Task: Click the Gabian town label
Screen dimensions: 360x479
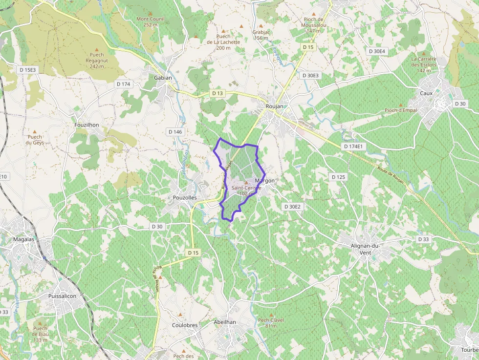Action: point(163,78)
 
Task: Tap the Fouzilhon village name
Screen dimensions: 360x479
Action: point(87,125)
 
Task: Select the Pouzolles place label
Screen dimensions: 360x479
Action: point(185,198)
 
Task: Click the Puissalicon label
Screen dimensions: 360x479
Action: point(63,296)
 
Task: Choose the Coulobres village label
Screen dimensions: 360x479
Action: point(185,325)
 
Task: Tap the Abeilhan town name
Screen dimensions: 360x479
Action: point(225,322)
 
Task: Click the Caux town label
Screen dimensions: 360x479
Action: point(427,93)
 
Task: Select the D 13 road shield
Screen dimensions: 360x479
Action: point(218,93)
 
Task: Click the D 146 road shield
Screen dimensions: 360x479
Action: point(175,132)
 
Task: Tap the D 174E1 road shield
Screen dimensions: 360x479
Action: point(353,146)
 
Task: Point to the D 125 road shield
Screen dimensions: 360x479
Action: point(338,177)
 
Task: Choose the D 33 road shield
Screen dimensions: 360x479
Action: point(423,239)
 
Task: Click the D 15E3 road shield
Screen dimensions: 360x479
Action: point(28,70)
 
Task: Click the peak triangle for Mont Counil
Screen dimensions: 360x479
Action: point(151,14)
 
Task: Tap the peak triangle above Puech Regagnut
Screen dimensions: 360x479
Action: point(97,49)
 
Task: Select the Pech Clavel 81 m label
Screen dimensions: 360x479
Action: point(271,323)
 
